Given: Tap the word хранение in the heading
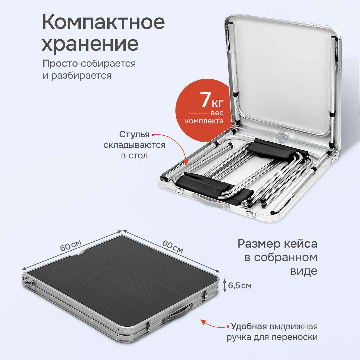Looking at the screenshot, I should pyautogui.click(x=90, y=45).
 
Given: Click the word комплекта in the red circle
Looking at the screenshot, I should pyautogui.click(x=204, y=121).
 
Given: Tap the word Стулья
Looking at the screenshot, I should pyautogui.click(x=135, y=135).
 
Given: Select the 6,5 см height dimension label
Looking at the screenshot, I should pyautogui.click(x=240, y=286).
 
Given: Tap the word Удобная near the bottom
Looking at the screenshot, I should pyautogui.click(x=249, y=326).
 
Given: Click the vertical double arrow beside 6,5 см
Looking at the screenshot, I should pyautogui.click(x=224, y=285).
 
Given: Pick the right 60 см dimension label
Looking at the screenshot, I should pyautogui.click(x=173, y=247).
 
